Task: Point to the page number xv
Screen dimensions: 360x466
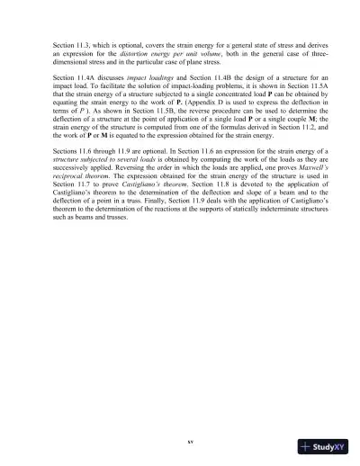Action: (x=179, y=443)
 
